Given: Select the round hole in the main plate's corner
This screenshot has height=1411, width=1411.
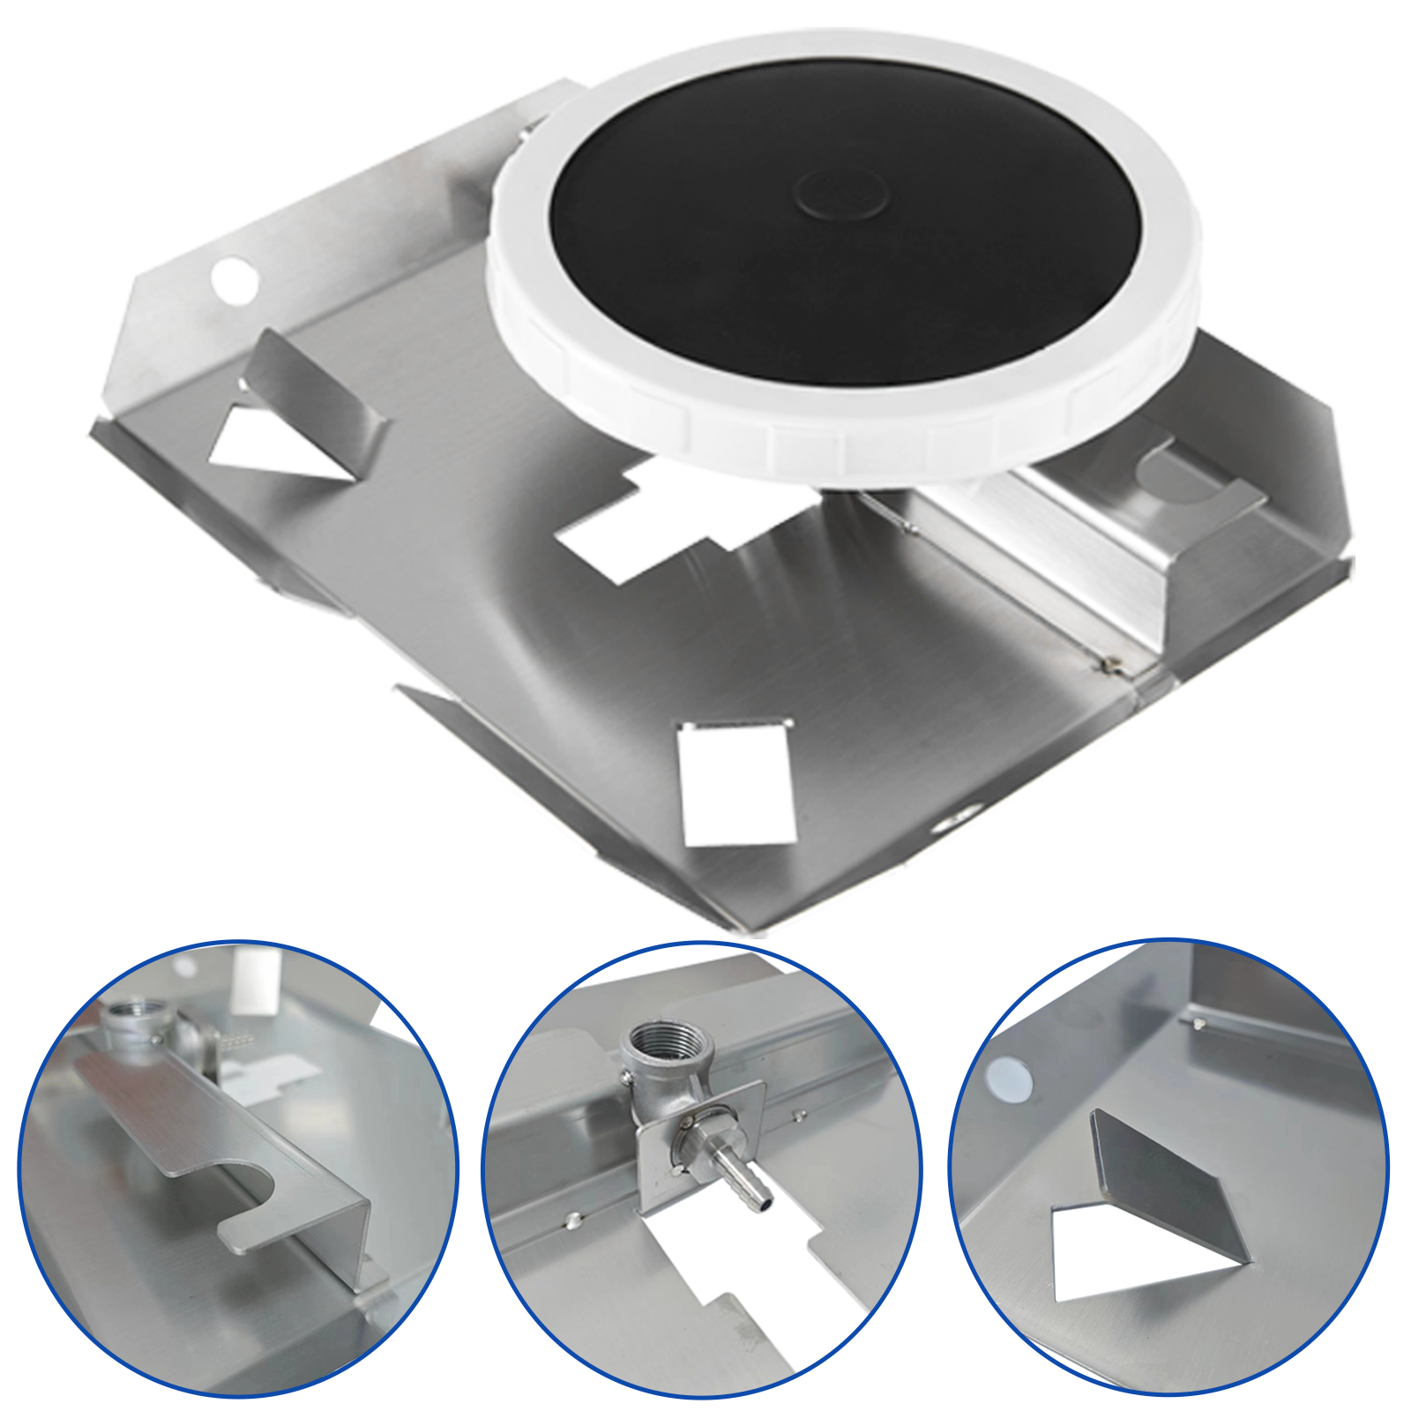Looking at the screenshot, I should click(x=235, y=280).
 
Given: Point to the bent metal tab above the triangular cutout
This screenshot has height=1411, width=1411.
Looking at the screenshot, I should click(x=313, y=388).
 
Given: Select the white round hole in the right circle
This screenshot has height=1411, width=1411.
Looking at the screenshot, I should click(x=1008, y=1080).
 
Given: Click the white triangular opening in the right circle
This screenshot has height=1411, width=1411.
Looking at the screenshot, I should click(x=1120, y=1252).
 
